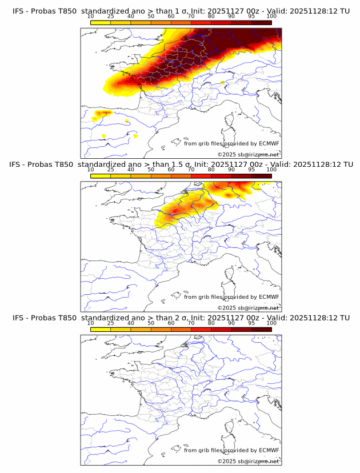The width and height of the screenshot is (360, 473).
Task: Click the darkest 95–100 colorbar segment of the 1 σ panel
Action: (x=261, y=23)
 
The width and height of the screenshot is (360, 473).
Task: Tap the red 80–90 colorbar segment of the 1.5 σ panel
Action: (x=221, y=176)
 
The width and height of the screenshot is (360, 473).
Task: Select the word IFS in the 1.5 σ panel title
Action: (x=15, y=164)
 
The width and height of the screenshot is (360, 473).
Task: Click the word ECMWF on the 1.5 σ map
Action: (x=269, y=297)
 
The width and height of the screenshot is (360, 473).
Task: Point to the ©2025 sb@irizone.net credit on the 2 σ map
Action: (x=248, y=461)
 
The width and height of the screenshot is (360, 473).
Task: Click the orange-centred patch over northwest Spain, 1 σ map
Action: (x=103, y=114)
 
